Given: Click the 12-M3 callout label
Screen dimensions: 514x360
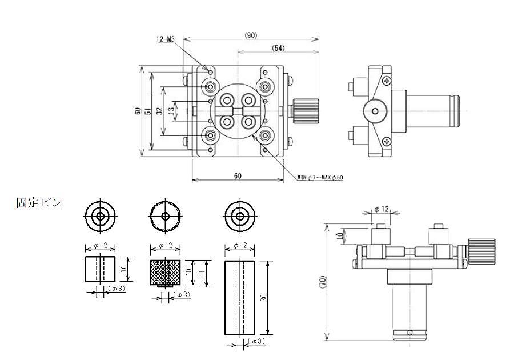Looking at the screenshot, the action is [x=166, y=39].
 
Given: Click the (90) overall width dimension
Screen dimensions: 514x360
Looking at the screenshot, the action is [x=251, y=35].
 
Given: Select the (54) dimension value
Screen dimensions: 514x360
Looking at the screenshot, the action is [x=278, y=48].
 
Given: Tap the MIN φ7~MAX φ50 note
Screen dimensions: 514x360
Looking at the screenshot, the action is [x=320, y=178].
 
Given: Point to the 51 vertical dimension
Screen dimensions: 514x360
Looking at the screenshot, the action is [x=148, y=111].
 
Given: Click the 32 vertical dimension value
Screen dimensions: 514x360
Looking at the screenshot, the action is [x=159, y=111].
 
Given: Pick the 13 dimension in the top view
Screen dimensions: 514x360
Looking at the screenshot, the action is [x=171, y=111].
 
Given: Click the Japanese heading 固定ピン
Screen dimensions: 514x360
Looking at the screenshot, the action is [x=39, y=202].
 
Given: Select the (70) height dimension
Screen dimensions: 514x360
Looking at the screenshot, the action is [x=322, y=282].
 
